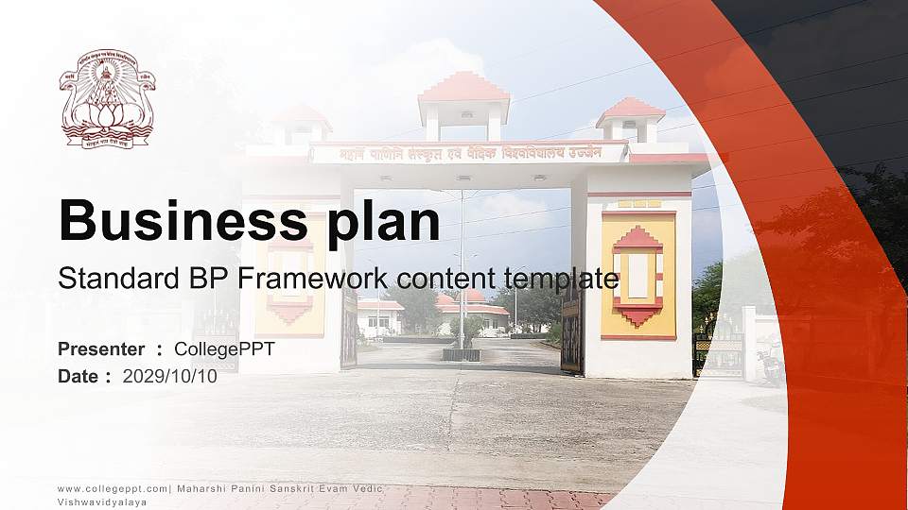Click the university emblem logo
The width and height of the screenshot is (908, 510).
(108, 98)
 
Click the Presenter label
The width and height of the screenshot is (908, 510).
(101, 349)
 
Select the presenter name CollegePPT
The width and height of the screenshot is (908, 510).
(224, 349)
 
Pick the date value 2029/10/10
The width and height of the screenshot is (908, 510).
(169, 376)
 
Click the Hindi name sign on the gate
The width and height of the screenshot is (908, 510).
(469, 153)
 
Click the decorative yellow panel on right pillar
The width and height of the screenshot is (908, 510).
(638, 275)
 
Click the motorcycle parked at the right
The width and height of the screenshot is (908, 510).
(770, 363)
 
